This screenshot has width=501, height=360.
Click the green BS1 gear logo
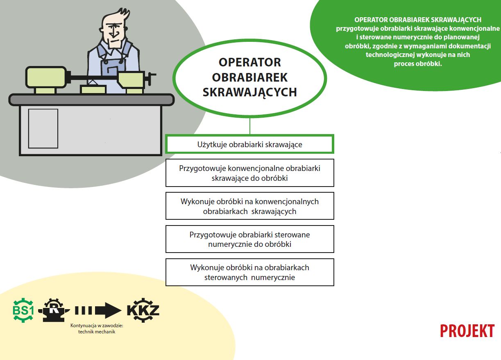coord(23,310)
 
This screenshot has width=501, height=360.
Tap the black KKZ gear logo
coord(143,310)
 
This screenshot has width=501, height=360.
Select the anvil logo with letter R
coord(54,310)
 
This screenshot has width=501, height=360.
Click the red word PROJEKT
coord(467,331)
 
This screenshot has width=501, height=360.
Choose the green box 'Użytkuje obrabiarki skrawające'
coord(249,144)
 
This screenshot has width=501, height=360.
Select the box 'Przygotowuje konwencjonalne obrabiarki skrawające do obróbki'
coord(249,173)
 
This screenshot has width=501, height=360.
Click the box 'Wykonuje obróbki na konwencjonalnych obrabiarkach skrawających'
coord(249,206)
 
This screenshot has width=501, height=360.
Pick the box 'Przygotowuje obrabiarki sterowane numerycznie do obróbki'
coord(249,239)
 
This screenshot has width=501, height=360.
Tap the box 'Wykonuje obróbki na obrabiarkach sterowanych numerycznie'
coord(249,272)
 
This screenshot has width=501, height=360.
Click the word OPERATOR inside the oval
coord(249,62)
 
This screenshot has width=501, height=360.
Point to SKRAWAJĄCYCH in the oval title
coord(249,92)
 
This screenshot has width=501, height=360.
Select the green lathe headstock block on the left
coord(46,77)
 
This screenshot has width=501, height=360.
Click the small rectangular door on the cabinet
coord(43,128)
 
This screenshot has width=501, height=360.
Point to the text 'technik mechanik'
coord(97,332)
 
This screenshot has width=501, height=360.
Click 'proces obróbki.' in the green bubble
coord(418,64)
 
